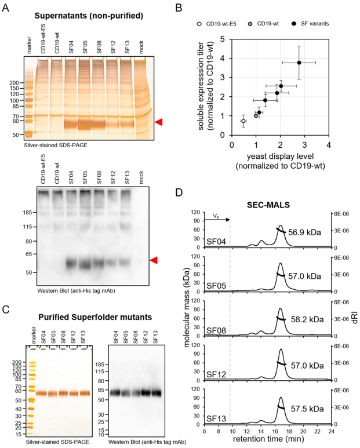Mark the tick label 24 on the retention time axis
tap(330, 431)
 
